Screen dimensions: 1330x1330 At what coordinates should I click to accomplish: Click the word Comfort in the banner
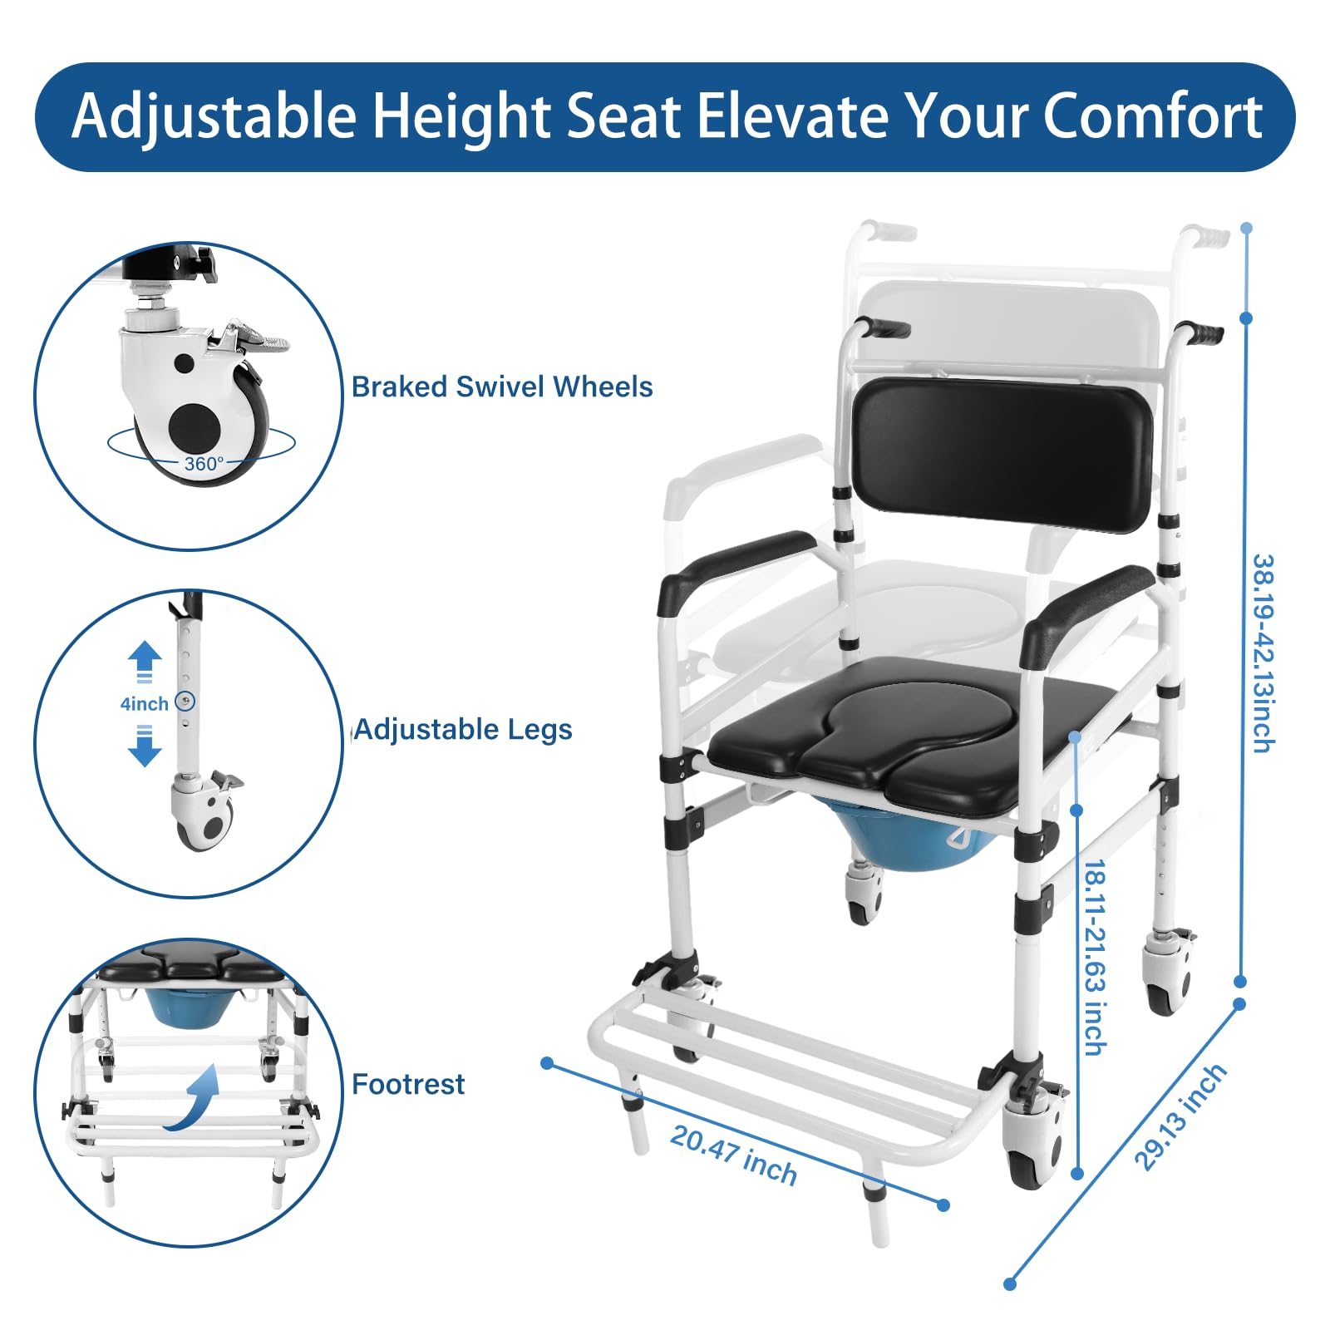pyautogui.click(x=1153, y=116)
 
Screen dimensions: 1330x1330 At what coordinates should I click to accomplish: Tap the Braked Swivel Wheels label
pyautogui.click(x=502, y=387)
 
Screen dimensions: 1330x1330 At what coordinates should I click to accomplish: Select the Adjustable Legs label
pyautogui.click(x=464, y=730)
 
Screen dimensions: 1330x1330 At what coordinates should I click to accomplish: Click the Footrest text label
pyautogui.click(x=408, y=1084)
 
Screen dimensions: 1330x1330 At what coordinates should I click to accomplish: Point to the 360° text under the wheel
pyautogui.click(x=204, y=463)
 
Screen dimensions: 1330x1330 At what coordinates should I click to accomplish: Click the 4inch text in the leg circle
pyautogui.click(x=144, y=704)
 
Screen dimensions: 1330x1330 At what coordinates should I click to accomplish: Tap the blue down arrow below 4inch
pyautogui.click(x=145, y=746)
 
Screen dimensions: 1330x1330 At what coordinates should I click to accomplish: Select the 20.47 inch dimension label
pyautogui.click(x=733, y=1155)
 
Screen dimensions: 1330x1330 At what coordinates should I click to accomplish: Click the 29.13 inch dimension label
pyautogui.click(x=1180, y=1116)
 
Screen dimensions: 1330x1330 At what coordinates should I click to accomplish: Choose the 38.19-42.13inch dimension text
pyautogui.click(x=1263, y=653)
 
